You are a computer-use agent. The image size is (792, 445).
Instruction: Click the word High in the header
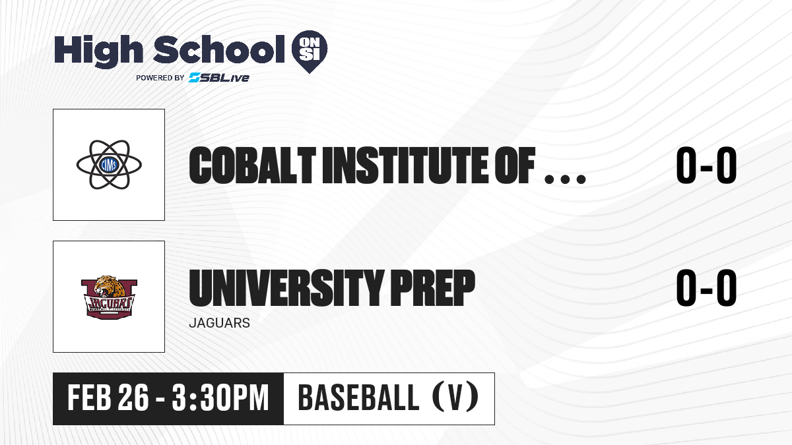(98, 51)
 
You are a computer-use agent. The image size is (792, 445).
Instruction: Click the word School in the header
(219, 49)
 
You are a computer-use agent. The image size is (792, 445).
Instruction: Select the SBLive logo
(219, 78)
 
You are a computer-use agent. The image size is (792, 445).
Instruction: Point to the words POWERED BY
(160, 78)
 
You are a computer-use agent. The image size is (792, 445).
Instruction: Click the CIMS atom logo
(109, 165)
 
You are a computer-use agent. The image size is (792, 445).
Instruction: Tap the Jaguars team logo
(109, 297)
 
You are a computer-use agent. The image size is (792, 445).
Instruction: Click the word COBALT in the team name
(252, 165)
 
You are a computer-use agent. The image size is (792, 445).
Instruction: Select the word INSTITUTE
(405, 165)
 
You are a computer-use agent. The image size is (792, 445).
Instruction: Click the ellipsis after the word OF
(565, 179)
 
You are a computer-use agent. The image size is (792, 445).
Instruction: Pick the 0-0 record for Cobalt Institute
(706, 165)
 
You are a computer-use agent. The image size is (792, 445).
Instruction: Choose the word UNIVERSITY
(286, 288)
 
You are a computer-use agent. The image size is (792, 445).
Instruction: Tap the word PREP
(432, 288)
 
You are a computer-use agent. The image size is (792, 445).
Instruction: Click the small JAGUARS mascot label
(220, 323)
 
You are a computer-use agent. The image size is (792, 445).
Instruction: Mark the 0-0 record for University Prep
(706, 288)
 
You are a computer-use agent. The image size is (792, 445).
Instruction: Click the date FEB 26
(108, 398)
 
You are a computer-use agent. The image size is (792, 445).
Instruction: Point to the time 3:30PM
(220, 398)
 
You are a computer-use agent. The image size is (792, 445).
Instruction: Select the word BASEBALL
(358, 398)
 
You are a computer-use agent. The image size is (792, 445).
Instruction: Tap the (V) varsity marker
(455, 398)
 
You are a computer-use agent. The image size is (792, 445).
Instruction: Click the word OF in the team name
(515, 165)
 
